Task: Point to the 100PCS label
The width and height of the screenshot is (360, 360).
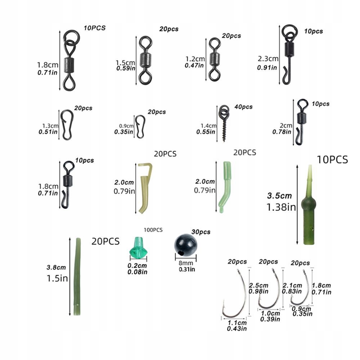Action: pos(153,230)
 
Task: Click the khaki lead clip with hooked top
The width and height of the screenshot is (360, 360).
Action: pos(145,187)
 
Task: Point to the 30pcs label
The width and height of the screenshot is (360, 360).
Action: pos(201,232)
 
